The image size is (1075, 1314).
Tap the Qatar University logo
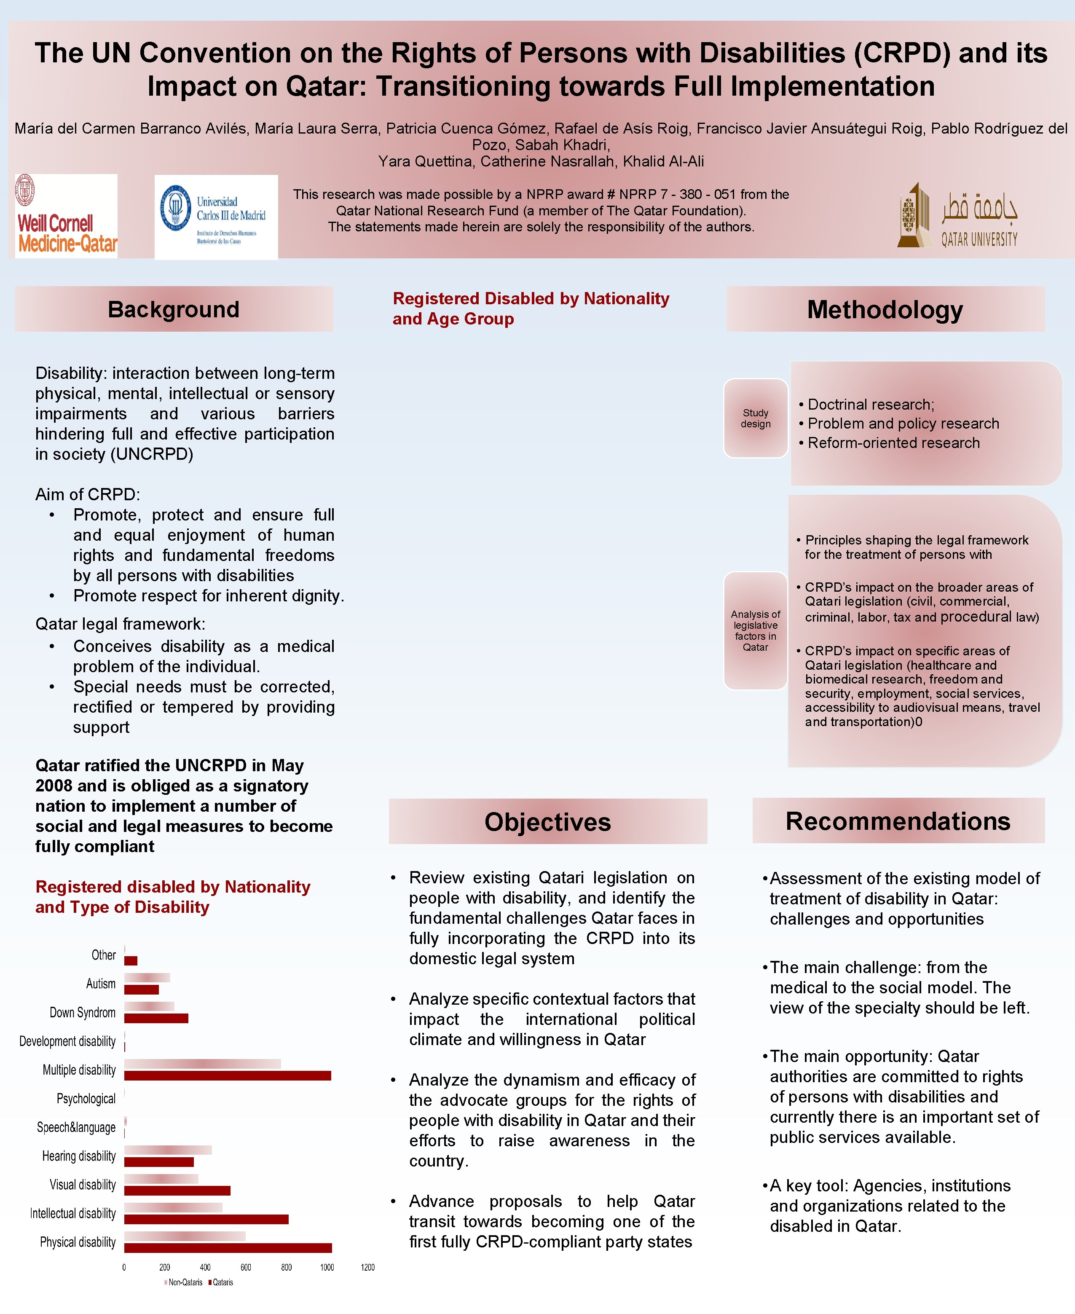pos(957,215)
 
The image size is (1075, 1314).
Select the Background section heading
pos(173,309)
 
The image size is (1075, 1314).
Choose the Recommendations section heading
pos(898,821)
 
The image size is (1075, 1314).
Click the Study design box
pos(756,418)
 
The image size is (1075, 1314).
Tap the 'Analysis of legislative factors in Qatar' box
pos(756,630)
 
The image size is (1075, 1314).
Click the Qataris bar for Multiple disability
pos(227,1075)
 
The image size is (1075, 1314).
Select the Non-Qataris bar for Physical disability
pos(185,1236)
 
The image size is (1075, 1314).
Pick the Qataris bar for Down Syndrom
pos(156,1018)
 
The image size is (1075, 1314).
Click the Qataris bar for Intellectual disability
pos(206,1219)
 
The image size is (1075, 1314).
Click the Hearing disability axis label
pos(79,1156)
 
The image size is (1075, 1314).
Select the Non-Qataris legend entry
pos(183,1282)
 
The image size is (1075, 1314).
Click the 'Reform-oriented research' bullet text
pos(893,443)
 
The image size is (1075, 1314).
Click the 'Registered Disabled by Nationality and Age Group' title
pos(531,308)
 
